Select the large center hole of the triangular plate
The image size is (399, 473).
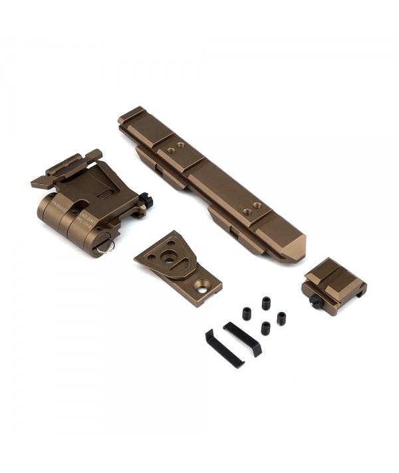170,260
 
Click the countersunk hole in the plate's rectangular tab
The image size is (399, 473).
201,287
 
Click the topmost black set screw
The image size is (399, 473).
266,303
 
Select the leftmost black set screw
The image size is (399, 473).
246,313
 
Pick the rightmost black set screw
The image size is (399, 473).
281,318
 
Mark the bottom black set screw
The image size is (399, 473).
265,327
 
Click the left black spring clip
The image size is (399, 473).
223,348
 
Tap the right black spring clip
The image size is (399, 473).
243,338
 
